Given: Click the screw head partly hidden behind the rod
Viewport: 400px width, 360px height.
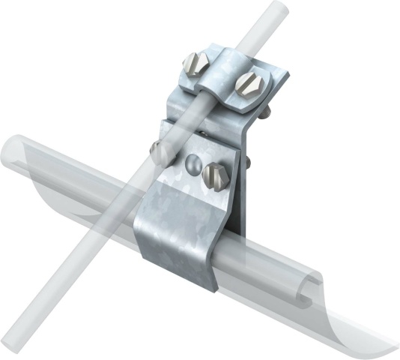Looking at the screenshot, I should tap(160, 153).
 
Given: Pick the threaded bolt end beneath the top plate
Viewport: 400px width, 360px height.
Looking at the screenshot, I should tap(264, 112).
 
